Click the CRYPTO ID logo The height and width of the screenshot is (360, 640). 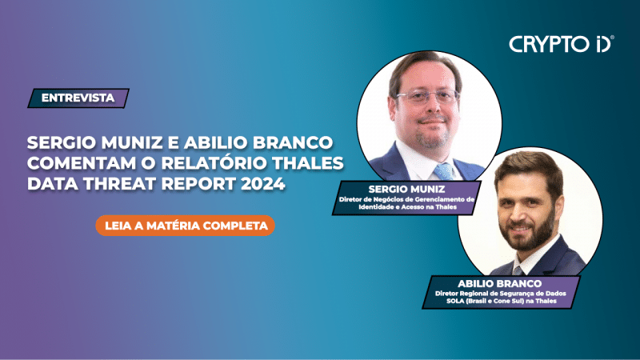(561, 44)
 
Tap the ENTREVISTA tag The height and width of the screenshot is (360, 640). (78, 98)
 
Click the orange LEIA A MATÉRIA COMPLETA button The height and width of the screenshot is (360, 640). (186, 226)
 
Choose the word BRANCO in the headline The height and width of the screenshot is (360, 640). (297, 143)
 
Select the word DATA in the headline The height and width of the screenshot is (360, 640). (49, 185)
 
